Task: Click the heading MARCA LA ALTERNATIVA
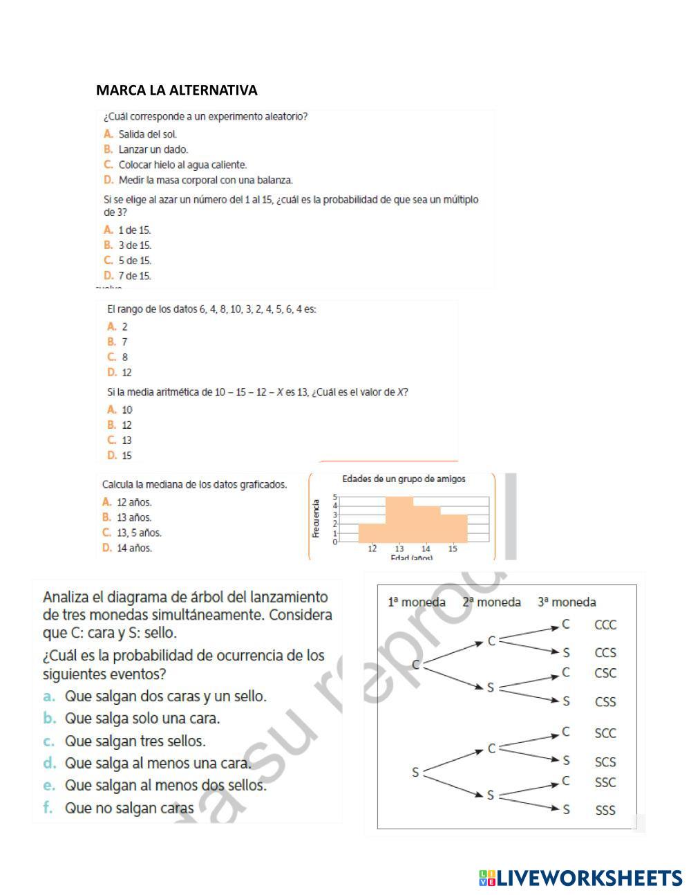pos(176,91)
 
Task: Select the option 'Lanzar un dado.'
pos(153,149)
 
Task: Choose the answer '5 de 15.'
pos(134,261)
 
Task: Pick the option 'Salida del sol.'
pos(147,134)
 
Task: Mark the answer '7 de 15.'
pos(134,276)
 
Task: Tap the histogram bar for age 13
pos(399,519)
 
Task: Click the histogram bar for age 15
pos(453,528)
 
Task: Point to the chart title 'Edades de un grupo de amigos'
pos(404,479)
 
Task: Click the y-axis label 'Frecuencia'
pos(316,519)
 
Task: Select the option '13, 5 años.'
pos(139,533)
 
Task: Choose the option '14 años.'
pos(134,548)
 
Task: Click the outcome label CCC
pos(605,625)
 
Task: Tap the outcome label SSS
pos(605,810)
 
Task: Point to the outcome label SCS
pos(605,762)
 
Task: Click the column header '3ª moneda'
pos(567,602)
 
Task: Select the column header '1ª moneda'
pos(417,602)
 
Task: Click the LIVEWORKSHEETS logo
pos(580,878)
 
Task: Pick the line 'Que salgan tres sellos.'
pos(135,741)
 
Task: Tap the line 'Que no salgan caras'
pos(129,808)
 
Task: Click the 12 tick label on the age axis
pos(372,548)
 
